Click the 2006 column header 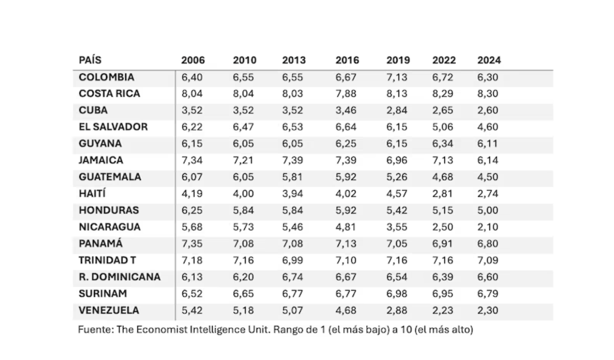193,60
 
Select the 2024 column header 489,60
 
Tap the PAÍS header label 90,60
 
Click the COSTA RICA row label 109,94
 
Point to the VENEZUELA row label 109,310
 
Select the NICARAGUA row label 110,227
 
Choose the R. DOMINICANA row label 119,277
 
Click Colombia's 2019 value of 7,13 397,77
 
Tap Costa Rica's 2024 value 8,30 488,94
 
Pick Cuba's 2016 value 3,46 346,110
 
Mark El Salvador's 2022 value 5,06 442,127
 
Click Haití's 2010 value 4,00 243,194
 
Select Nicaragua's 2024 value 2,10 488,227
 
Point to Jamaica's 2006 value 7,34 192,160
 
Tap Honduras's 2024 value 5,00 488,210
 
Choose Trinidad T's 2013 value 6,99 293,260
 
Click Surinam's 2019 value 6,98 397,293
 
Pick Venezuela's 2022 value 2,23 442,310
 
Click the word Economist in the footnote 161,329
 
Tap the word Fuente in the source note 95,329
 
